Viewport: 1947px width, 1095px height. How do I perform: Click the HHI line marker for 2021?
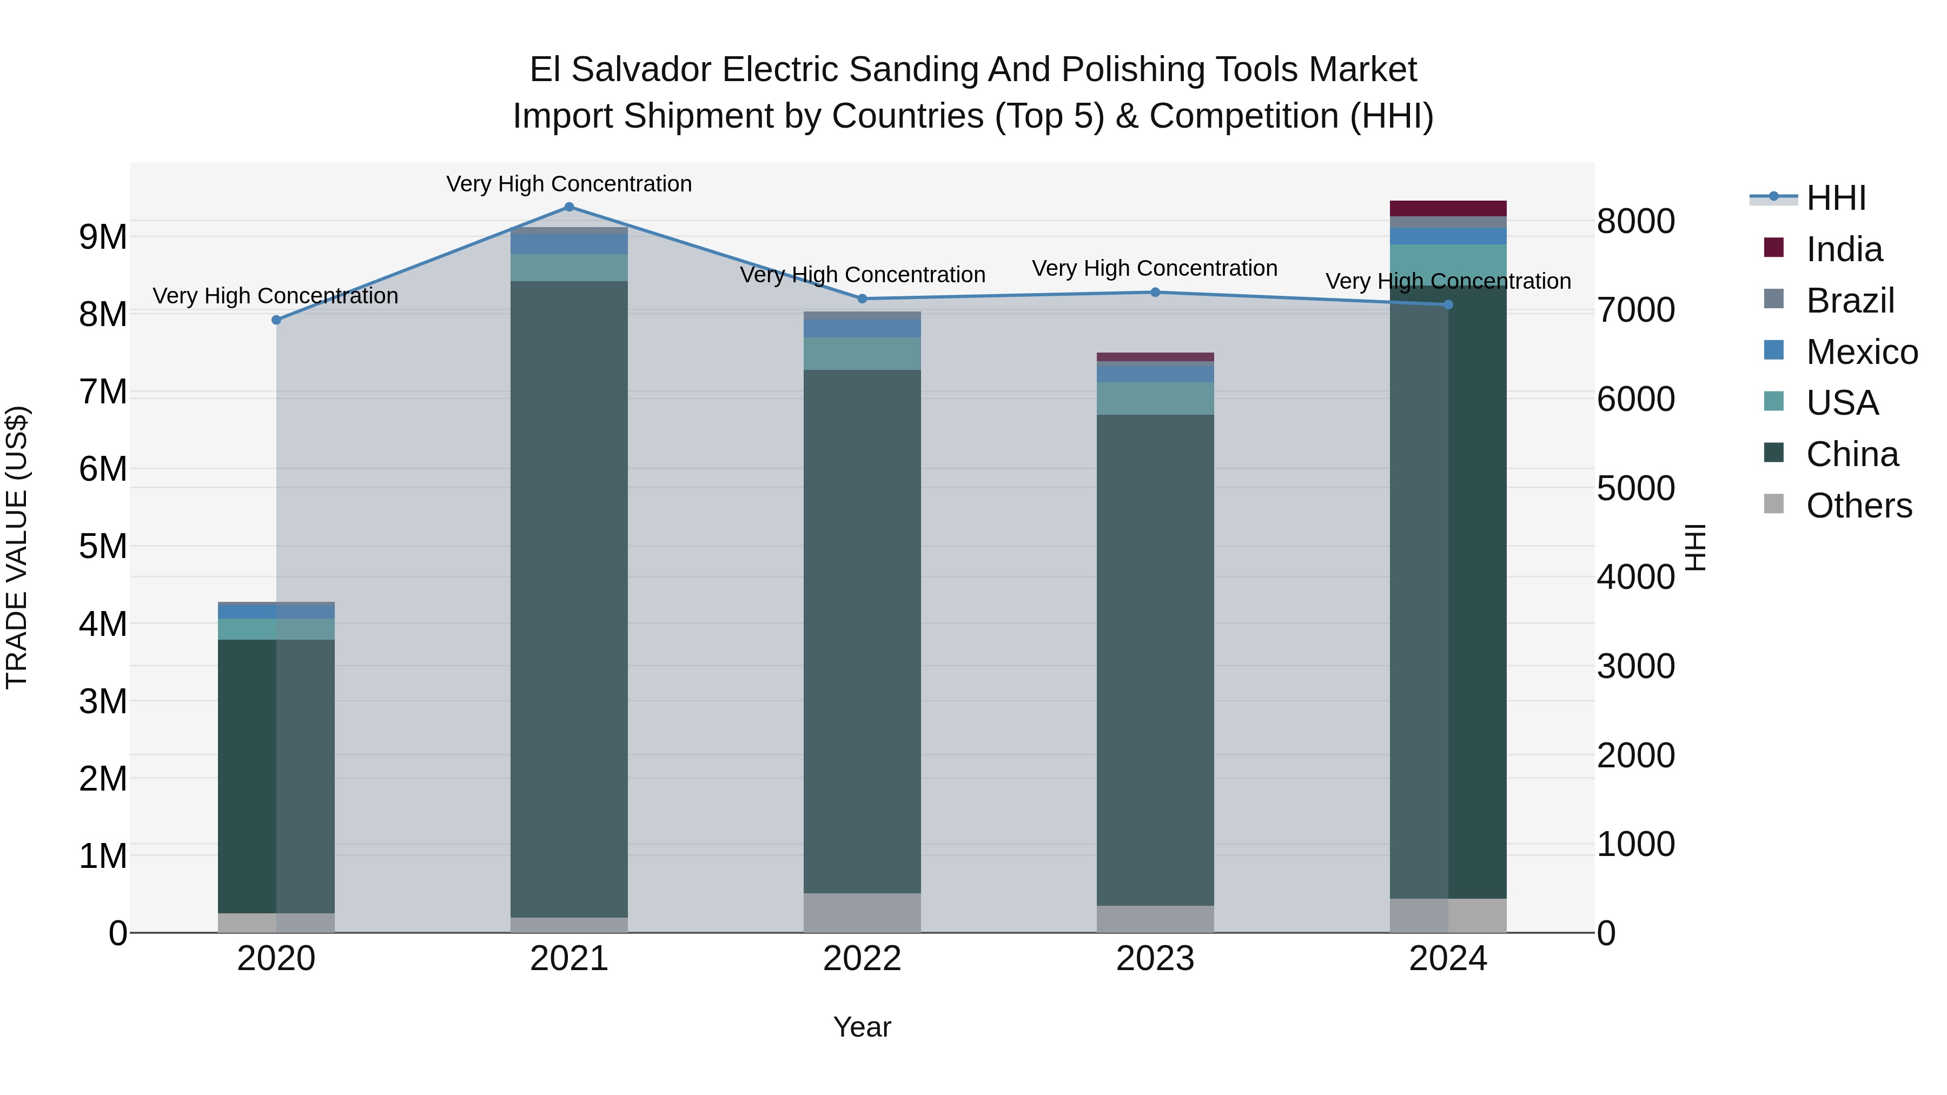click(569, 207)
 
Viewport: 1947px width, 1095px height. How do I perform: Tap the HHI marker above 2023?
click(1155, 293)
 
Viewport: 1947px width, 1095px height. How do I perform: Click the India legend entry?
click(1844, 249)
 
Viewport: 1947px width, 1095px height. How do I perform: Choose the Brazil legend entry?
click(1850, 301)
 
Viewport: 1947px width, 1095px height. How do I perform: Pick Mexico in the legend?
click(1861, 352)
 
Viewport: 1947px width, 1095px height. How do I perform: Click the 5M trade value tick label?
click(103, 546)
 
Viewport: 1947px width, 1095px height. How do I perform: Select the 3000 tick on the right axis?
click(1635, 667)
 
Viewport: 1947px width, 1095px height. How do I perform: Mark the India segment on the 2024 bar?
click(1448, 209)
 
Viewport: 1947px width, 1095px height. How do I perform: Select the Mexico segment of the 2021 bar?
click(569, 244)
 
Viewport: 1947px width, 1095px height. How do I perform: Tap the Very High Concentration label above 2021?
click(569, 184)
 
